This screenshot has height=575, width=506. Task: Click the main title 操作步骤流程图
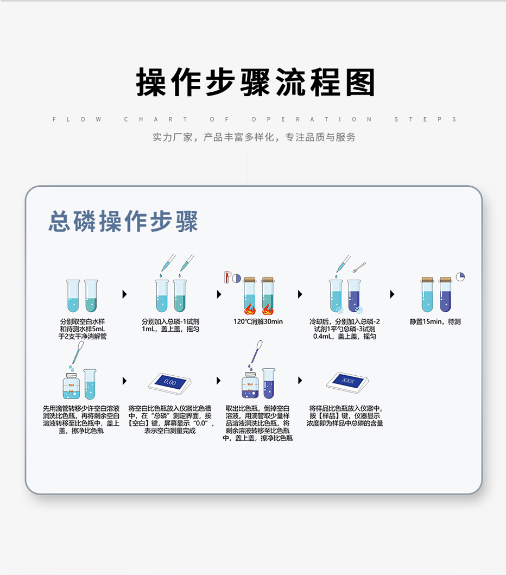pos(256,82)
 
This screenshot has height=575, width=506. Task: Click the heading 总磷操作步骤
pos(123,221)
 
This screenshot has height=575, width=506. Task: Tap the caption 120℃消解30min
pos(258,321)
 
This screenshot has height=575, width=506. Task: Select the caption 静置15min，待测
pos(435,321)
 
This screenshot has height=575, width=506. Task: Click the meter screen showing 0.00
pos(170,382)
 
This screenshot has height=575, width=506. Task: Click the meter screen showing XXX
pos(348,381)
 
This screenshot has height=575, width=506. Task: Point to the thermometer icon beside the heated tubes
pos(227,277)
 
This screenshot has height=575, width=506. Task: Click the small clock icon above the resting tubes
pos(460,276)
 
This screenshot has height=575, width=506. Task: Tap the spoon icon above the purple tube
pos(359,267)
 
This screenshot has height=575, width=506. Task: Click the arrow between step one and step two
pos(125,294)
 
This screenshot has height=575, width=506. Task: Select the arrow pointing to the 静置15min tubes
pos(392,294)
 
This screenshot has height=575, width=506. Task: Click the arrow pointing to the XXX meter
pos(300,381)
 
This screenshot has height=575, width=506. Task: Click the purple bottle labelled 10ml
pos(250,386)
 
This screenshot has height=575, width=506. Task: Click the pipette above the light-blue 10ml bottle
pos(78,353)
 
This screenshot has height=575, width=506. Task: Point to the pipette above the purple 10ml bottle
pos(256,352)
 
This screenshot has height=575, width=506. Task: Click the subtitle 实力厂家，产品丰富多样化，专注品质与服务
pos(254,137)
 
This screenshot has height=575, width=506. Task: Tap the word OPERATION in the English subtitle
pos(312,119)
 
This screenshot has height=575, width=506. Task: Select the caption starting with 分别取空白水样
pos(82,329)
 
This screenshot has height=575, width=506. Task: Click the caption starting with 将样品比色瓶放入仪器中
pos(345,416)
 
